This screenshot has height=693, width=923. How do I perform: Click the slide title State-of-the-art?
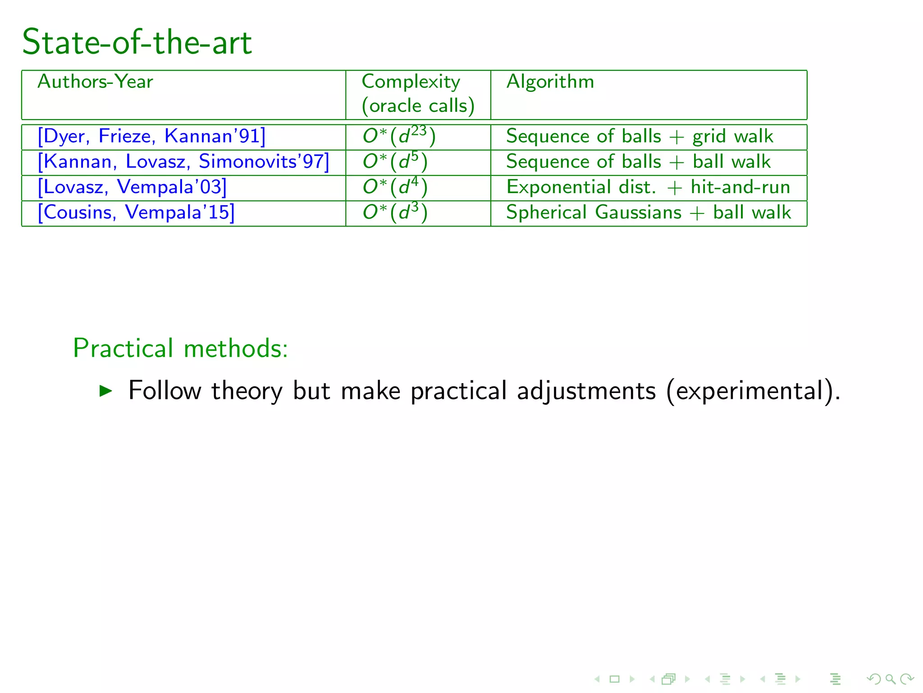point(137,42)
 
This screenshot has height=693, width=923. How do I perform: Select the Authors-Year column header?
point(95,82)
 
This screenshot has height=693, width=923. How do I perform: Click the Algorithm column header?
point(550,82)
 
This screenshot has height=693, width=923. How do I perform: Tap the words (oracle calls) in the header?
point(418,106)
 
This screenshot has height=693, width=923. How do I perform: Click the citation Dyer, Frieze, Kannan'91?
point(151,136)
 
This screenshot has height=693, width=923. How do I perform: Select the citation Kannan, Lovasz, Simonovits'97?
point(183,162)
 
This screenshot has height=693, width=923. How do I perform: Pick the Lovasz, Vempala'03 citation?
point(132,187)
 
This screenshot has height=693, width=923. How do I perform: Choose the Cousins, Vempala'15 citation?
point(136,213)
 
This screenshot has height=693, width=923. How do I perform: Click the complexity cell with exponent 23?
point(399,136)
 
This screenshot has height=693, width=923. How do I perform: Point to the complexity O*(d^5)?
point(395,162)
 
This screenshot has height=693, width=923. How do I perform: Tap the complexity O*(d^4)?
point(395,187)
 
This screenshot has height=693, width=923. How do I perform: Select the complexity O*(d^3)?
point(395,213)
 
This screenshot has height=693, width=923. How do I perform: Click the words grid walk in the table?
point(733,137)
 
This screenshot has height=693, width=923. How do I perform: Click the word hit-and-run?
point(740,187)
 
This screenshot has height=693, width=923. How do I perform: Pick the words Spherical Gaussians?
point(594,213)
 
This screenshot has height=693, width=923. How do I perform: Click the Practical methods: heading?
point(180,348)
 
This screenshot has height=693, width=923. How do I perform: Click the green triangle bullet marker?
point(105,390)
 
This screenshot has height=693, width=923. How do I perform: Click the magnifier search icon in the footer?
point(890,679)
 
